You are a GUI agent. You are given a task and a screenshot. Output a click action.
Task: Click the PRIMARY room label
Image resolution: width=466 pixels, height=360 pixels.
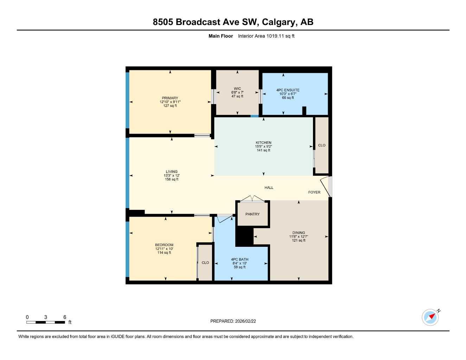tap(170, 98)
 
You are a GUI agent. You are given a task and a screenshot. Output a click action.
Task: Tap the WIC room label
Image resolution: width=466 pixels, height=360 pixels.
tap(237, 89)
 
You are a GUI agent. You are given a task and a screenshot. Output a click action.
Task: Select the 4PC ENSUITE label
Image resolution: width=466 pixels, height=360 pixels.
tap(288, 90)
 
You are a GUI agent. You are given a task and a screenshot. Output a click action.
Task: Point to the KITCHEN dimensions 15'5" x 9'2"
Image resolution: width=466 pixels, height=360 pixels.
tap(263, 147)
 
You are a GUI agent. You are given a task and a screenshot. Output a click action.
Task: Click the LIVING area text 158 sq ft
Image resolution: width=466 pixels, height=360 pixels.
tap(172, 179)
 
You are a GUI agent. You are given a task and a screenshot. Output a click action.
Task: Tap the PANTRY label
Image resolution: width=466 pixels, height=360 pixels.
tap(253, 214)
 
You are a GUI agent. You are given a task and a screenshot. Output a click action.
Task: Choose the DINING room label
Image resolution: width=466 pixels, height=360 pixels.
tap(299, 233)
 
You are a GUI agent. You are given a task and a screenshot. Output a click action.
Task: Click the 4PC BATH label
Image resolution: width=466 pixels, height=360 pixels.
tap(240, 259)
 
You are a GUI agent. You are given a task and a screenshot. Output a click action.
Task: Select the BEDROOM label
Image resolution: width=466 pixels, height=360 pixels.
tap(164, 245)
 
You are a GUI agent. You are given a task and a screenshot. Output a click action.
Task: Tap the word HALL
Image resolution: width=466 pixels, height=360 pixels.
tap(269, 188)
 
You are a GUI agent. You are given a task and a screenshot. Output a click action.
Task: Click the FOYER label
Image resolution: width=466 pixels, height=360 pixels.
tap(314, 192)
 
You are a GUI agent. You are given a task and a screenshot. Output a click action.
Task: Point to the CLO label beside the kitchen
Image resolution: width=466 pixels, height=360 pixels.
tap(322, 145)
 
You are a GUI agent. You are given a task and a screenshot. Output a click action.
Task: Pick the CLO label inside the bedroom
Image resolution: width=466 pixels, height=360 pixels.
tap(205, 263)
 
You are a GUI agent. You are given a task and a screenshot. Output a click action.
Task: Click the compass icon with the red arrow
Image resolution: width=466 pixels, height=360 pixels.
tap(430, 317)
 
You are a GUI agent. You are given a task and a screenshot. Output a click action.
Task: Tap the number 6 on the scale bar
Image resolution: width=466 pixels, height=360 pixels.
tap(65, 317)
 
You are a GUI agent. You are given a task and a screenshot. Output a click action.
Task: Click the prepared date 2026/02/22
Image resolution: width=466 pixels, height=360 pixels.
tap(245, 321)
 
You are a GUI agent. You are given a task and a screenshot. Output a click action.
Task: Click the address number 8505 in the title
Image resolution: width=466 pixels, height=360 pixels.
tap(163, 22)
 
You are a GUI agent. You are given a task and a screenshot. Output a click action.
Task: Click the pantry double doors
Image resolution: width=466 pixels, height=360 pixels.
tap(252, 199)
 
